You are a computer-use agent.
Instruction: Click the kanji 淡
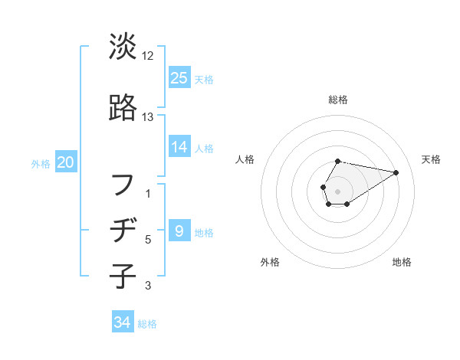tap(123, 47)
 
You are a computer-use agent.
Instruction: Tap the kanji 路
tap(123, 109)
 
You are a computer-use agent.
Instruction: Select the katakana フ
tap(123, 185)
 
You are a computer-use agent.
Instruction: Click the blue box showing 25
tap(179, 77)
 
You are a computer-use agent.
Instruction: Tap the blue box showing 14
tap(179, 147)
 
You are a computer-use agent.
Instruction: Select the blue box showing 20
tap(66, 162)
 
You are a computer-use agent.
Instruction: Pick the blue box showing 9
tap(179, 231)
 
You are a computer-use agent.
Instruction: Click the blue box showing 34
tap(122, 322)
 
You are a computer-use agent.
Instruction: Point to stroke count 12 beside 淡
tap(148, 56)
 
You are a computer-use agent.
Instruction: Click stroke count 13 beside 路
tap(148, 117)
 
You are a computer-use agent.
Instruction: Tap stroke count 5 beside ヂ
tap(148, 240)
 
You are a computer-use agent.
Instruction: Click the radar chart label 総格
tap(338, 100)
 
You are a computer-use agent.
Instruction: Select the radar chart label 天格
tap(431, 159)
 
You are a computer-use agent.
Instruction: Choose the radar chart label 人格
tap(245, 159)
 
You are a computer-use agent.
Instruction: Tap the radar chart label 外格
tap(270, 263)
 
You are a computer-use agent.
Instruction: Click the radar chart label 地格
tap(402, 263)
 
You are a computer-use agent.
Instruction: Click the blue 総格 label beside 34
tap(147, 324)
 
